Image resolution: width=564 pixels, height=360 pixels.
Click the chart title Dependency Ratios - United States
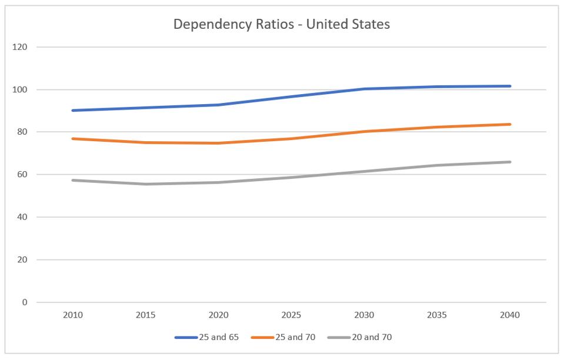(282, 25)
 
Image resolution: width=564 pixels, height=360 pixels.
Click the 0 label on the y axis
(24, 302)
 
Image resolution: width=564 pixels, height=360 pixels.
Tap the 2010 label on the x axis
(73, 315)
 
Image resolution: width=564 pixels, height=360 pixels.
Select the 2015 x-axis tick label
(146, 315)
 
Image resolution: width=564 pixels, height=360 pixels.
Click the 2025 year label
(291, 315)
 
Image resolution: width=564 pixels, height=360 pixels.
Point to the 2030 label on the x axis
(364, 315)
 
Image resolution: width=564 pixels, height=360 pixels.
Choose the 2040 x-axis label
(509, 315)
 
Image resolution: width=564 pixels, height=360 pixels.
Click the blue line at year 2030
(364, 89)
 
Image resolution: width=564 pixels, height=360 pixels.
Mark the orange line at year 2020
(219, 143)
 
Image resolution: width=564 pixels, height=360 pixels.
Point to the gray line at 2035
(437, 165)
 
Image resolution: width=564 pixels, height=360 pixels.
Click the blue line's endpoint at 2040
(509, 86)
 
